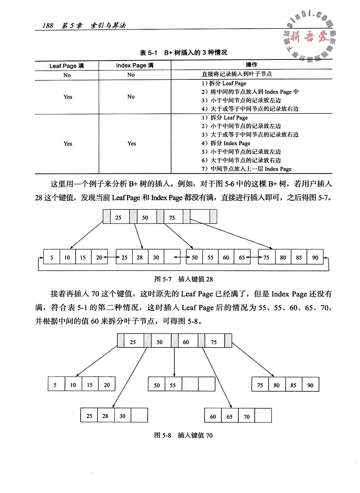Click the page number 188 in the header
coord(48,26)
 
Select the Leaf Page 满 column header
coord(67,66)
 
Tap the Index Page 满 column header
coord(135,65)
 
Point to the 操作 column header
coord(251,65)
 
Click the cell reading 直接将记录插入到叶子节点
coord(237,74)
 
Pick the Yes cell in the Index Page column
coord(132,143)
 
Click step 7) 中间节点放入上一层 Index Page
coord(246,169)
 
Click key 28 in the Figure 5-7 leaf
coord(140,258)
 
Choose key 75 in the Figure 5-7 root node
coord(172,218)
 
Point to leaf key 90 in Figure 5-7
coord(315,258)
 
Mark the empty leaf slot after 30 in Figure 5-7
coord(172,258)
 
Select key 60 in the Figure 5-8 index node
coord(186,342)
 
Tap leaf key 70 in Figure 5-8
coord(247,417)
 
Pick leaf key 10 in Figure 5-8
coord(73,385)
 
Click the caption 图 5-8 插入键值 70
coord(183,435)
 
